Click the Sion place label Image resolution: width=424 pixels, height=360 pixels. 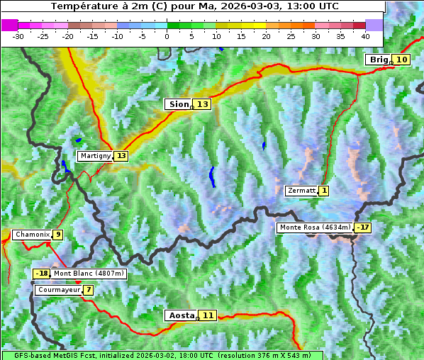point(178,104)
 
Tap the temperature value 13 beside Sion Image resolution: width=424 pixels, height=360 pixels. point(203,104)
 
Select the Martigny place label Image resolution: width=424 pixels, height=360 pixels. point(95,156)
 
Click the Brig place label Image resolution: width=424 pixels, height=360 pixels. point(379,60)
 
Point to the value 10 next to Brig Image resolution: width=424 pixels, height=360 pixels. point(401,60)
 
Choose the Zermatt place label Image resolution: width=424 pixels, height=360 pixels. point(301,191)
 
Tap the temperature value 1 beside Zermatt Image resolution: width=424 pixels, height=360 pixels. point(324,191)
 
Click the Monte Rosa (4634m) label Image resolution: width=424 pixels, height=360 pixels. point(315,227)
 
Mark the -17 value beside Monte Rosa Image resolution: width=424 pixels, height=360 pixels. point(364,227)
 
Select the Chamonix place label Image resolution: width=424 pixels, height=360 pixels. point(31,235)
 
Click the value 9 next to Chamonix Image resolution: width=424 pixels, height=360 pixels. point(57,235)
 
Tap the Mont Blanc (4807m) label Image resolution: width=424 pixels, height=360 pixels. point(89,274)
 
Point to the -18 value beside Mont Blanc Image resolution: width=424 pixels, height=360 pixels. point(42,274)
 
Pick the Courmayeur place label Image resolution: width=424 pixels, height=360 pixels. point(58,290)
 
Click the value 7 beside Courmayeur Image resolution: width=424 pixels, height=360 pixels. point(89,290)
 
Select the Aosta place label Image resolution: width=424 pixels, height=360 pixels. point(180,315)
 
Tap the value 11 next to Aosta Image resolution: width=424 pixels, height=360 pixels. point(208,315)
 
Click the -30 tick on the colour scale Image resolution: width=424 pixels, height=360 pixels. point(18,35)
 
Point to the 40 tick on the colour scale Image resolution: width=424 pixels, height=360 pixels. point(365,35)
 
